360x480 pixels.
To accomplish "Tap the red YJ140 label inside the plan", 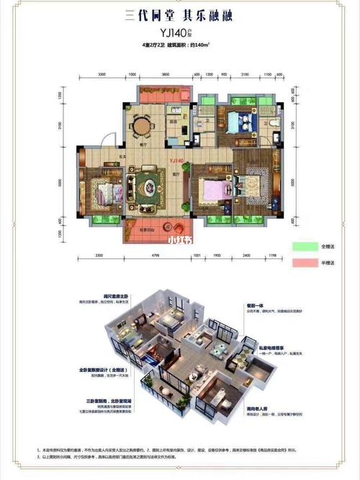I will point(176,162).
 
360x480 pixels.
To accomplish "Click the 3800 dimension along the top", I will point(165,75).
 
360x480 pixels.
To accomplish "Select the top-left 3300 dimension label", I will point(102,75).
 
